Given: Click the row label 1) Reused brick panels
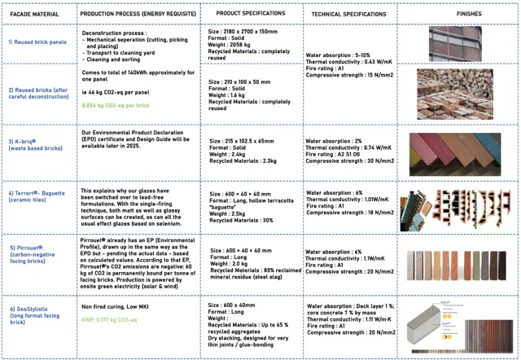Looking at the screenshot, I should pos(37,42).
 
